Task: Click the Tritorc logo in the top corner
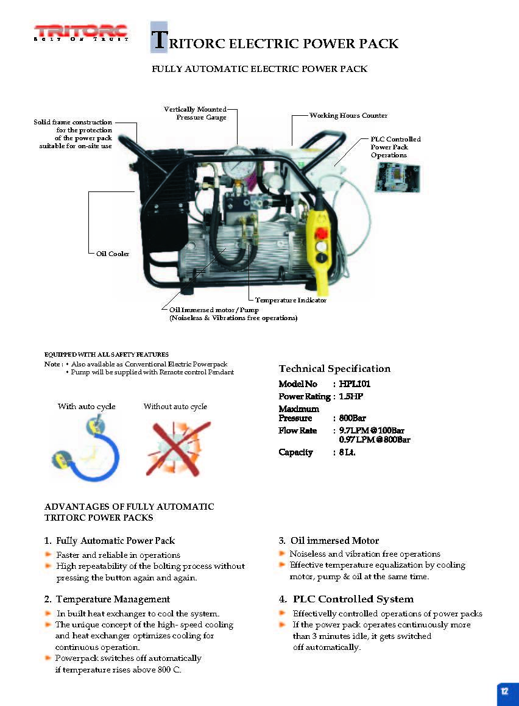[81, 32]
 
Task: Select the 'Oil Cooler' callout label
[113, 254]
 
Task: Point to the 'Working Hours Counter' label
[348, 115]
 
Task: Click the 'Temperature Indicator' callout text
[291, 300]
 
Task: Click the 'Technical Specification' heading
[334, 368]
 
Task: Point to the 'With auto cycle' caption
[86, 407]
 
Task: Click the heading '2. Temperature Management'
[107, 599]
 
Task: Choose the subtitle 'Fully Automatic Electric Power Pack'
[259, 69]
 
